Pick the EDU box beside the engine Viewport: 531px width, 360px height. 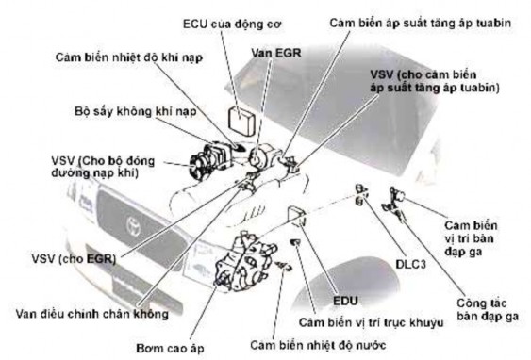pyautogui.click(x=298, y=215)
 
